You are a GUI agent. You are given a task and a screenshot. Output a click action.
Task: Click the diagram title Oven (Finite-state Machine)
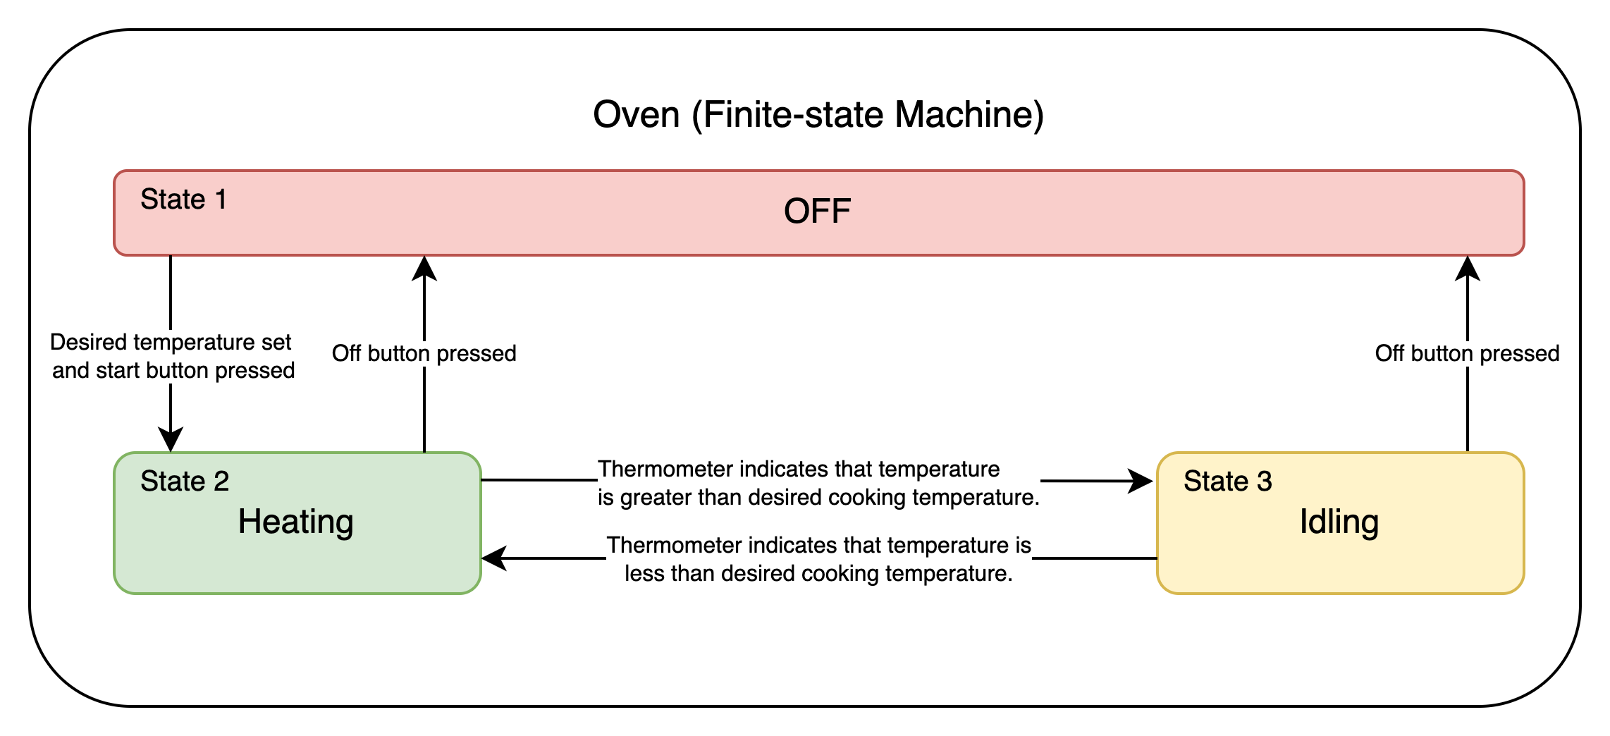[818, 114]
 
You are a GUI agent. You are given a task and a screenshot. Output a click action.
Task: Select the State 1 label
[183, 200]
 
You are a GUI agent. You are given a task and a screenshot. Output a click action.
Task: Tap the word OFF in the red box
[817, 211]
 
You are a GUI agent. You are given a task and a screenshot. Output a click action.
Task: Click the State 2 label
[185, 482]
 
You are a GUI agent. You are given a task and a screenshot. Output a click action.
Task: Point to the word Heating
[295, 522]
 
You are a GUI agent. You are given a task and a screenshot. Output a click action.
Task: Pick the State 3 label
[1227, 482]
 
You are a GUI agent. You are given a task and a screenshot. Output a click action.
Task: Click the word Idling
[1339, 522]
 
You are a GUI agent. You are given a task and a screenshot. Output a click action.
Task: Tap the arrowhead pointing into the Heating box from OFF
[171, 440]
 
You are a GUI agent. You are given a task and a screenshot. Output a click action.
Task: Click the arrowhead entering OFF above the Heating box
[424, 268]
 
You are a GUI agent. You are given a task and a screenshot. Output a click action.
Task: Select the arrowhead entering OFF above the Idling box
[1468, 268]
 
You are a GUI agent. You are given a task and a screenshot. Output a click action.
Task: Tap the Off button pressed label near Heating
[424, 353]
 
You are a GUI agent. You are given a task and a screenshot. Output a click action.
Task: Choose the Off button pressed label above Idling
[1467, 353]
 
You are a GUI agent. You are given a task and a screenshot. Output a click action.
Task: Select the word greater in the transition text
[658, 498]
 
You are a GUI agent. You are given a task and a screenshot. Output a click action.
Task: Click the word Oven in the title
[636, 114]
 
